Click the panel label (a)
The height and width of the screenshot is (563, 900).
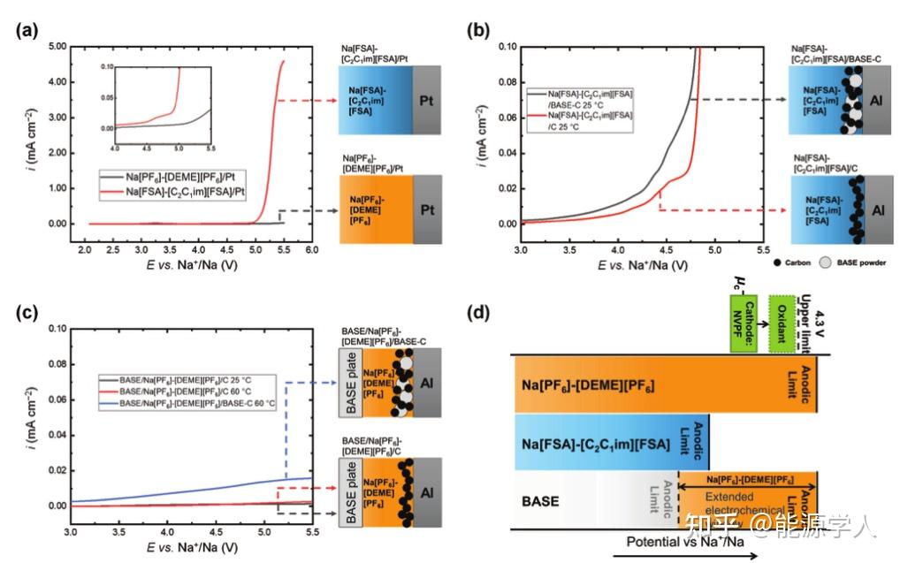[x=27, y=29]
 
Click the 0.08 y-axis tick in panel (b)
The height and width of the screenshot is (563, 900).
[x=503, y=81]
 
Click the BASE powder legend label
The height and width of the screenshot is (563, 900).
[x=857, y=262]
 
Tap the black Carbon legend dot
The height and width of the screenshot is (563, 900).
[x=776, y=262]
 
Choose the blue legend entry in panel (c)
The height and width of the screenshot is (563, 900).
[x=199, y=402]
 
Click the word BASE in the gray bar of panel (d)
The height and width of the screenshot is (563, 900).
[x=540, y=500]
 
